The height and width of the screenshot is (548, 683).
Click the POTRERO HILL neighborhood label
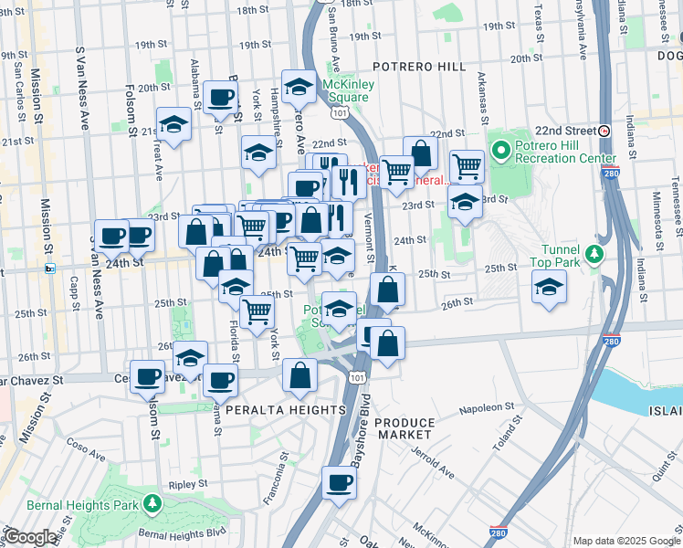[x=419, y=68]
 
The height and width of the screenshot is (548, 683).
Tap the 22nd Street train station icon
[x=604, y=131]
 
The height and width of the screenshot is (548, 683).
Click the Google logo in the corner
[x=30, y=537]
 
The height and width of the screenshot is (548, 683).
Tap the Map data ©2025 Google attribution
[x=625, y=541]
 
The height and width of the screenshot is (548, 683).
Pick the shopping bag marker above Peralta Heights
[x=299, y=374]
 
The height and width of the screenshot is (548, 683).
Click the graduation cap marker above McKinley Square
[x=299, y=87]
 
